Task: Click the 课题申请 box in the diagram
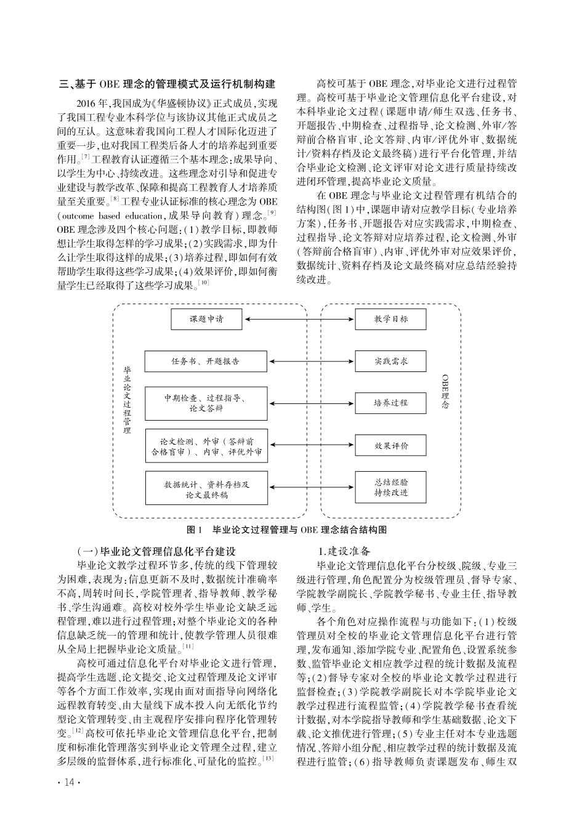pos(206,319)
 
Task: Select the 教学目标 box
pos(390,319)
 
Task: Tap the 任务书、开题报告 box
pos(206,362)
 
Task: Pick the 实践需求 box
pos(390,362)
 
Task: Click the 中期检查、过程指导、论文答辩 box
pos(206,403)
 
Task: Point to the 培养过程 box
pos(390,403)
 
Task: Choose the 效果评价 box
pos(390,445)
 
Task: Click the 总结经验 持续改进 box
pos(390,488)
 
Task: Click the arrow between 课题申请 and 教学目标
pos(299,319)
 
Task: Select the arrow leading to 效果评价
pos(311,445)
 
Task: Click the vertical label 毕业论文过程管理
pos(127,400)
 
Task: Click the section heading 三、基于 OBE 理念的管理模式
pos(166,84)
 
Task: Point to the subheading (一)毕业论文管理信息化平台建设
pos(156,551)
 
